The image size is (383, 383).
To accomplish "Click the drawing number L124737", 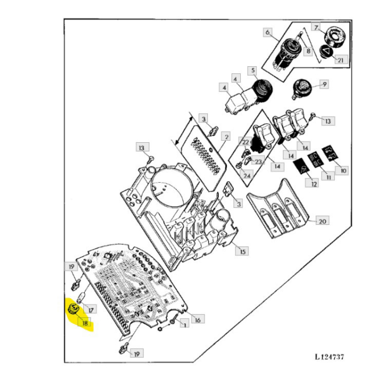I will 329,357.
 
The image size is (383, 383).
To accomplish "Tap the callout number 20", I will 322,221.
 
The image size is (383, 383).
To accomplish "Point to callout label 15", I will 241,251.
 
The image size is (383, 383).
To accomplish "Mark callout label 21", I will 340,60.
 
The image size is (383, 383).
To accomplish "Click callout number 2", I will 225,135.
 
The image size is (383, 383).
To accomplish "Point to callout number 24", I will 247,176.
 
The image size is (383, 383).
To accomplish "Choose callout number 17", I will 91,310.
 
